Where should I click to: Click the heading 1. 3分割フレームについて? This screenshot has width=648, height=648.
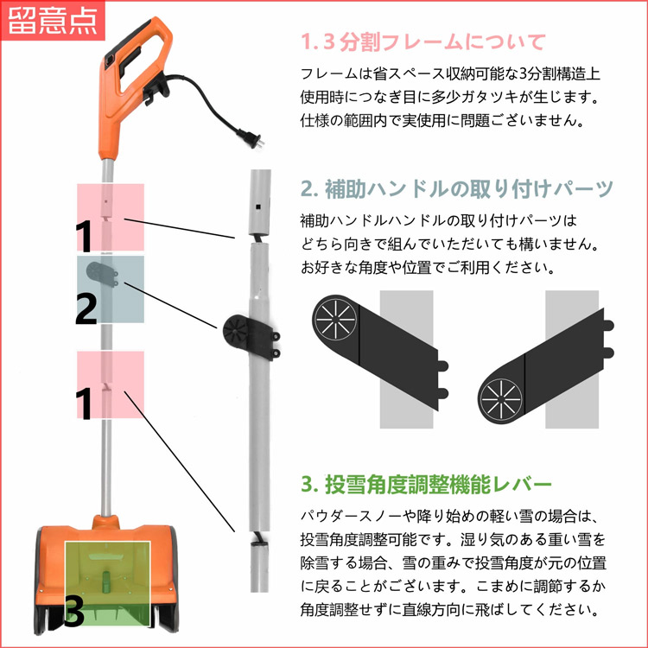click(423, 41)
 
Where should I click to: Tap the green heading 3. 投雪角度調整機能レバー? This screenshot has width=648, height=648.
click(426, 482)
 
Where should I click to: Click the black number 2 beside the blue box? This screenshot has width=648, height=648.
click(86, 308)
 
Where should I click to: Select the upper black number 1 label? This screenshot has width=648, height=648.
click(83, 234)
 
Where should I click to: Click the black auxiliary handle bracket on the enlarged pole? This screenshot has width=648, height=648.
click(247, 334)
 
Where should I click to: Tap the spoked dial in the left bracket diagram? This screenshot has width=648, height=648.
click(334, 321)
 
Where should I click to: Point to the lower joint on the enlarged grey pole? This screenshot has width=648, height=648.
click(258, 541)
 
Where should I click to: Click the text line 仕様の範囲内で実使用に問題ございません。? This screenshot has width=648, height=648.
click(442, 119)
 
